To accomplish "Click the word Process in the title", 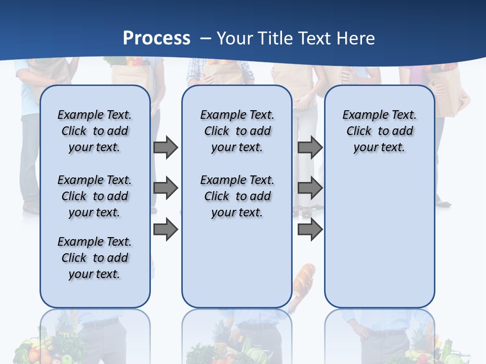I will [156, 38].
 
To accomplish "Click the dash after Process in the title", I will [206, 39].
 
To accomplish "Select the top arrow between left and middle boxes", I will [166, 148].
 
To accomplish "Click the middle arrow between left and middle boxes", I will [166, 189].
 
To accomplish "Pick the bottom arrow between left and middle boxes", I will [166, 230].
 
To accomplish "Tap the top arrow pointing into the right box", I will [310, 148].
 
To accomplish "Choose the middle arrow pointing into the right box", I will [310, 189].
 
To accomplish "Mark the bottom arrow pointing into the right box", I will [310, 230].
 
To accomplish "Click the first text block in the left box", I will [95, 131].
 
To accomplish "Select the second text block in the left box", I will [95, 196].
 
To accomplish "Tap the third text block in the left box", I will [95, 258].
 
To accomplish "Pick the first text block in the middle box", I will [237, 131].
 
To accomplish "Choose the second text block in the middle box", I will [237, 196].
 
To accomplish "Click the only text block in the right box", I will [380, 131].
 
